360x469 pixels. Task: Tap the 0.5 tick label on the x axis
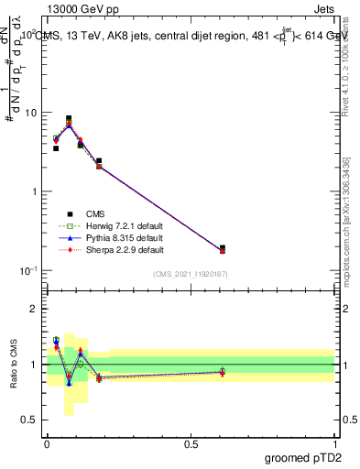(x=190, y=444)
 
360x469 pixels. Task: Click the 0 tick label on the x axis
(x=47, y=444)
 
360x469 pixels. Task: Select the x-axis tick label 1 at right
(x=334, y=444)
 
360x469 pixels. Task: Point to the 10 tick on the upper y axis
(x=30, y=113)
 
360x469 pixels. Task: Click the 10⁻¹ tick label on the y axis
(x=27, y=270)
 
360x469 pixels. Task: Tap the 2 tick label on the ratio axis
(x=34, y=309)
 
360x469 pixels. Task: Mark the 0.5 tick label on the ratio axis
(x=30, y=420)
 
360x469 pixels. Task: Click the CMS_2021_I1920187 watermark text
(x=190, y=274)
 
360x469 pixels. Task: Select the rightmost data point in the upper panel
(x=223, y=248)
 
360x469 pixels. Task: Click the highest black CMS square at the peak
(x=69, y=118)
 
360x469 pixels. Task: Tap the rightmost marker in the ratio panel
(x=223, y=372)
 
